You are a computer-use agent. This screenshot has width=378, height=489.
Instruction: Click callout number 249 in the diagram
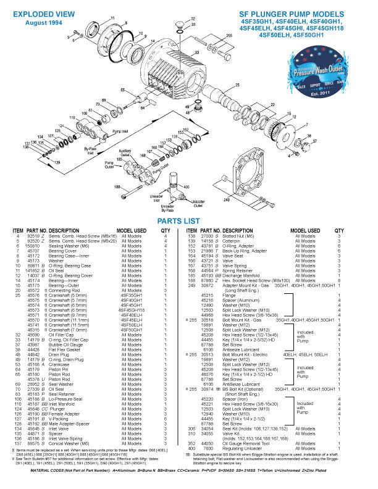coord(227,200)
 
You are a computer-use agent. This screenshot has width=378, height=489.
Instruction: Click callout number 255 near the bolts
coord(229,36)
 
